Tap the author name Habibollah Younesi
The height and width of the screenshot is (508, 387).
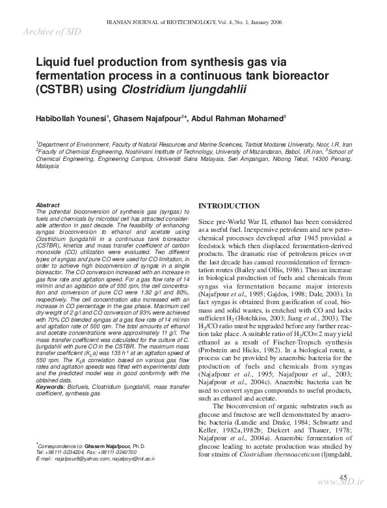tap(72, 119)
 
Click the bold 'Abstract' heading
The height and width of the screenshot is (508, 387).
tap(48, 205)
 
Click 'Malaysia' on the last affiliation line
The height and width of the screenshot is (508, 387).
tap(47, 167)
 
